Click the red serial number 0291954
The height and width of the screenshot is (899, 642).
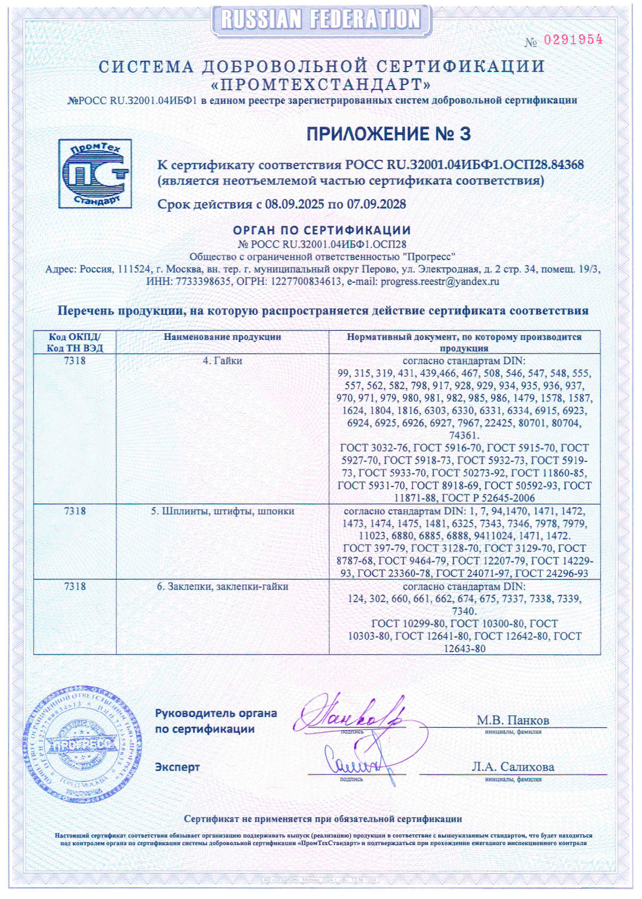[x=573, y=40]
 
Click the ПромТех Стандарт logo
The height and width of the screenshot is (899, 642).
[x=95, y=173]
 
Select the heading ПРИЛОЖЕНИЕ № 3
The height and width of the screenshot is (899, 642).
[x=388, y=134]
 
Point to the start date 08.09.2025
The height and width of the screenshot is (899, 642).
[x=295, y=204]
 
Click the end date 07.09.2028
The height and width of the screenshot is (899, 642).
[x=376, y=204]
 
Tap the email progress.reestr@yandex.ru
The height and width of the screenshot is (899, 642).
[x=439, y=281]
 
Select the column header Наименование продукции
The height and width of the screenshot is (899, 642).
[x=222, y=337]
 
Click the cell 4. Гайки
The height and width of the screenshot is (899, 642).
[x=222, y=361]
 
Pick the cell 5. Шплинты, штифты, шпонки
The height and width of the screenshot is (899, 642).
[x=222, y=511]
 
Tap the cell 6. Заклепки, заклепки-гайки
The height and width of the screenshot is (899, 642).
[x=222, y=586]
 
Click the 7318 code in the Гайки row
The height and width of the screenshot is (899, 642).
[x=75, y=361]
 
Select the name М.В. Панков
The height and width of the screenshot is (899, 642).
[x=513, y=720]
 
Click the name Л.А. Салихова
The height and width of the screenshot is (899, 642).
[x=513, y=767]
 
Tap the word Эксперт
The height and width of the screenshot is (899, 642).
[x=177, y=767]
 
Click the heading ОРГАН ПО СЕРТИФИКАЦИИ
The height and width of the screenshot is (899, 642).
[x=322, y=231]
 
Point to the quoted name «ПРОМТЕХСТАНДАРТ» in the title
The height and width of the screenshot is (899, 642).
[x=322, y=85]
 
